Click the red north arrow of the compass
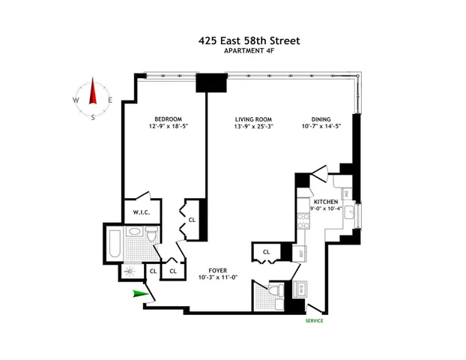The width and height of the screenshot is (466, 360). coord(94,91)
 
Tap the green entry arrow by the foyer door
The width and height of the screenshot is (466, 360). coord(138,294)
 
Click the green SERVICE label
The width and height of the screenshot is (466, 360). coord(315,321)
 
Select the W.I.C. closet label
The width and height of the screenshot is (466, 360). coord(141,212)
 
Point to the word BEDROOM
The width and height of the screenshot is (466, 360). coord(167,119)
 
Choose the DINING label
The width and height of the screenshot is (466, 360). coord(322,119)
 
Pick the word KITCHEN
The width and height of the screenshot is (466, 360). coord(327,202)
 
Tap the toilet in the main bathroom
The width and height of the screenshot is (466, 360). coord(151,239)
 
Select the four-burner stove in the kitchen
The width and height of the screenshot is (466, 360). coord(304,221)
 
